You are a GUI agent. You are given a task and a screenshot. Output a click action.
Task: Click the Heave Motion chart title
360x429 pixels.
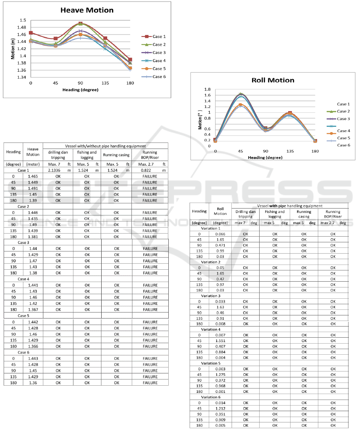tap(87, 10)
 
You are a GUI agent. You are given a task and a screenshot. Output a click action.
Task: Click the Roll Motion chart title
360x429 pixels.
tap(273, 80)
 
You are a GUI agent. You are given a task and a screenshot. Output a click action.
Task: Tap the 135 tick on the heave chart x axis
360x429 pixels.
tap(105, 83)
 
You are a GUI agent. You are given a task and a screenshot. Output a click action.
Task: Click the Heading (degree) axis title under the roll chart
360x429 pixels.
tap(265, 157)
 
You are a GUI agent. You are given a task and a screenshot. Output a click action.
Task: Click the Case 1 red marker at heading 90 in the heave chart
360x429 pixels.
tap(80, 24)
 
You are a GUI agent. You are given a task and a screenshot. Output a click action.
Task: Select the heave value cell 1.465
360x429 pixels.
tap(33, 176)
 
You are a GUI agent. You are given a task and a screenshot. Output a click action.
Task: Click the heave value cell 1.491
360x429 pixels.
tap(33, 188)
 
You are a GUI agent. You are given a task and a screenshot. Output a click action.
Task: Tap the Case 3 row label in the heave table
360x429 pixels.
tap(23, 242)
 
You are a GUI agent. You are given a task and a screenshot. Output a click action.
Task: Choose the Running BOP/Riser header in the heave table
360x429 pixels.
tap(150, 155)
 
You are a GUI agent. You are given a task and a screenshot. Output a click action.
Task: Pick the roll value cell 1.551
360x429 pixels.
tap(220, 340)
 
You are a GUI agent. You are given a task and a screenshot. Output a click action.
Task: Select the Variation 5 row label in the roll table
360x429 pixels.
tap(210, 363)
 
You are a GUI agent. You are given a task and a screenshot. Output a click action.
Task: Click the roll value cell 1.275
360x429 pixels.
tap(220, 374)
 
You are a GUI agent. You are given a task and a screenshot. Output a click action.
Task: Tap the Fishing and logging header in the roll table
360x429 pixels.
tap(275, 214)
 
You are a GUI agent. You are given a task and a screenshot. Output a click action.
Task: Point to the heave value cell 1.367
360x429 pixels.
tap(33, 309)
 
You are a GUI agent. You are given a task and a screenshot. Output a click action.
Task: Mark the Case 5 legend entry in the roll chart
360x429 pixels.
tap(343, 138)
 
